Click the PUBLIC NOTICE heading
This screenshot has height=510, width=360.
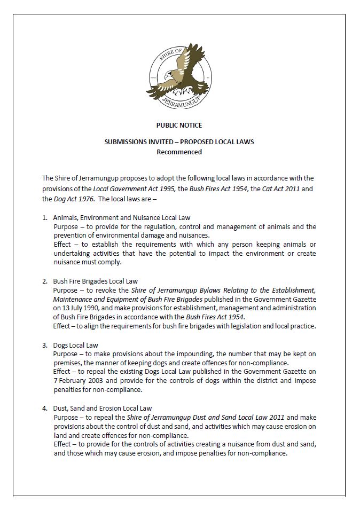tap(179, 125)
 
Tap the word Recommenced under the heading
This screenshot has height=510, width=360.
tap(179, 152)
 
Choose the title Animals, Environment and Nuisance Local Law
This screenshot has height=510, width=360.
tap(121, 217)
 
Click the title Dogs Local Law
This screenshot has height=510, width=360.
tap(75, 345)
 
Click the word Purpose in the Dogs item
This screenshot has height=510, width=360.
tap(66, 354)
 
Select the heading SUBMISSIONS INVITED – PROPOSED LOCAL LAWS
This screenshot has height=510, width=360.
tap(179, 142)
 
